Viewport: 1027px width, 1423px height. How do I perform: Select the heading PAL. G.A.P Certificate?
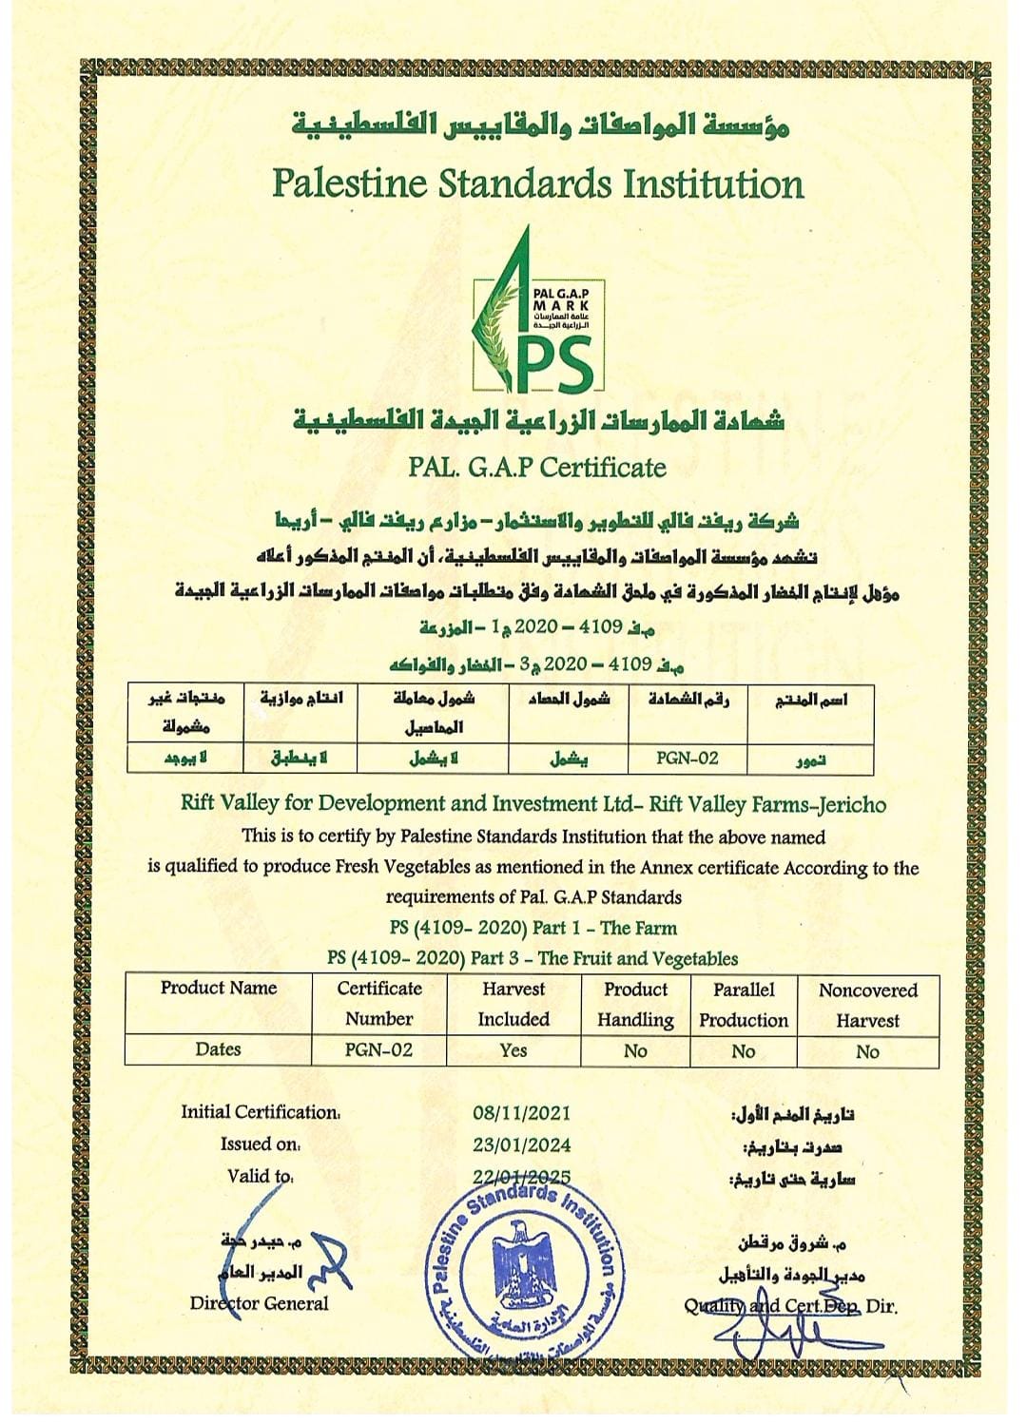coord(537,467)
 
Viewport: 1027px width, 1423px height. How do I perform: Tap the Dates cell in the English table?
coord(218,1049)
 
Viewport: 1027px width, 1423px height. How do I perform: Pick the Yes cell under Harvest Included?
coord(513,1050)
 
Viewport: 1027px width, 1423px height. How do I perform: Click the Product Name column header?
coord(218,989)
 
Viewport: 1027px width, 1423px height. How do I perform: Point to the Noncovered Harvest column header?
coord(867,1005)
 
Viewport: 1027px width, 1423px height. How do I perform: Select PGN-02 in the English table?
coord(378,1050)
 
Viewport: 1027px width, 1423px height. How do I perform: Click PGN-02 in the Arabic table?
coord(688,759)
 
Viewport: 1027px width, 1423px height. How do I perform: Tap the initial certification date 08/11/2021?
coord(521,1113)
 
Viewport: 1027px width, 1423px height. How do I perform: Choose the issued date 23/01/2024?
coord(521,1145)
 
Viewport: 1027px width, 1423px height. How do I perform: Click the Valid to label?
coord(260,1176)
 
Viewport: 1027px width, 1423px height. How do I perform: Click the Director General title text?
coord(259,1304)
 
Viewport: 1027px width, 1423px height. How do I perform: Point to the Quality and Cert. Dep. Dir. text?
coord(790,1306)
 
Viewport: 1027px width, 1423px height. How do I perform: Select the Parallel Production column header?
coord(744,1005)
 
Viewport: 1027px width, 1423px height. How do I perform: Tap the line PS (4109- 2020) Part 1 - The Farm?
coord(533,929)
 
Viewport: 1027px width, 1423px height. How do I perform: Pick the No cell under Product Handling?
coord(635,1051)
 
